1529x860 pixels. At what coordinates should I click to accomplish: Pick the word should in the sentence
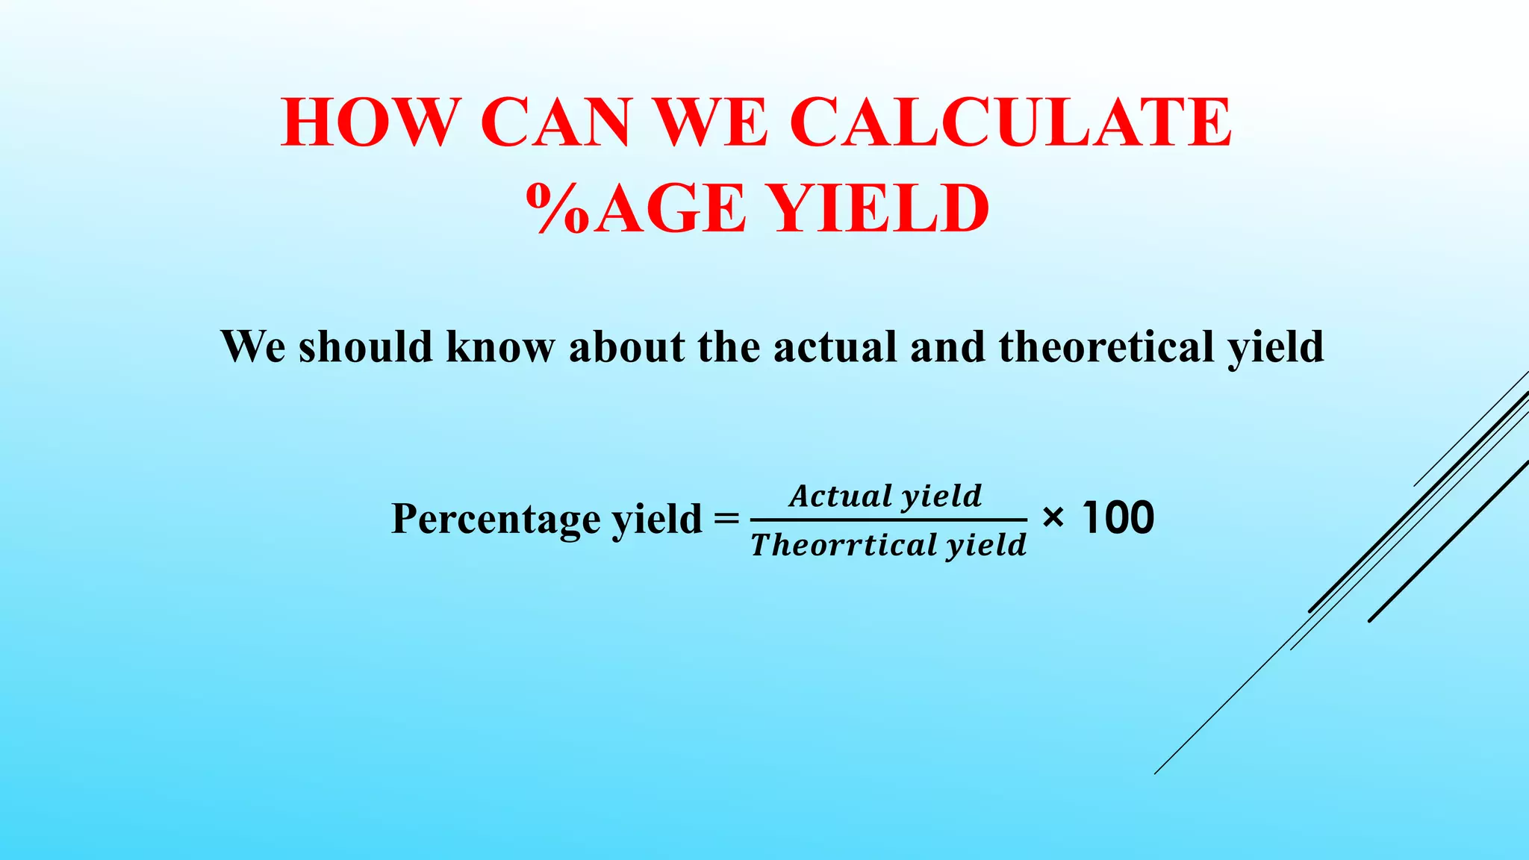click(x=366, y=346)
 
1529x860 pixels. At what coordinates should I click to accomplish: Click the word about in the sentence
click(x=626, y=346)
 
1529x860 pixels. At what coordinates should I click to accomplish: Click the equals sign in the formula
click(x=726, y=517)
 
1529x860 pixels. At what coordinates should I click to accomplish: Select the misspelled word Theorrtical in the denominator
click(x=844, y=545)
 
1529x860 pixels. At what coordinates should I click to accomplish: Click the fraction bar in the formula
click(x=888, y=520)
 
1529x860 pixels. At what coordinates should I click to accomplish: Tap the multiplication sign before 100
click(x=1053, y=517)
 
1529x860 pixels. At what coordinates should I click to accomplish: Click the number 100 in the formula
click(x=1118, y=517)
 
